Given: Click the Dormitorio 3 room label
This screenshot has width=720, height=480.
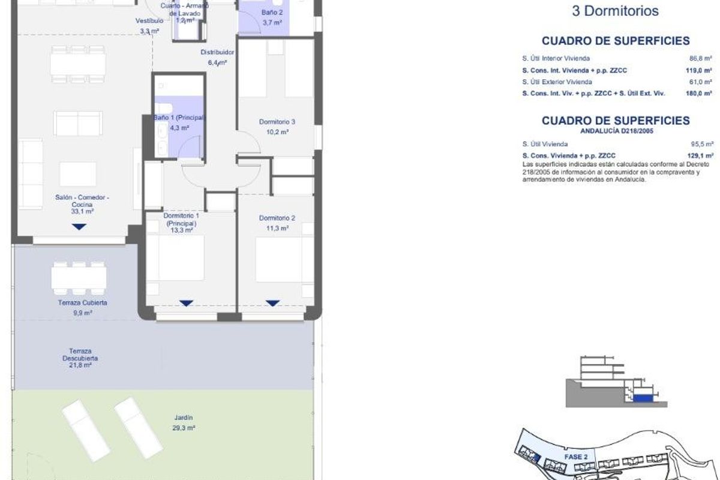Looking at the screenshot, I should (x=277, y=122).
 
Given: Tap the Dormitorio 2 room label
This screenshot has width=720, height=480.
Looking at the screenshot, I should (x=277, y=218).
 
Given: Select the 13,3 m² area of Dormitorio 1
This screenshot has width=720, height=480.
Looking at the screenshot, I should (x=181, y=230).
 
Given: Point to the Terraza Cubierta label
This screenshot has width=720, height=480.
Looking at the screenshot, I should (x=79, y=303).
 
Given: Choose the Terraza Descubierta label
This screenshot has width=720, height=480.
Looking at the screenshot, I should (x=79, y=354).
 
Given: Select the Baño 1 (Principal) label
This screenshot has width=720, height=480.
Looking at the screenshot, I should (x=179, y=118).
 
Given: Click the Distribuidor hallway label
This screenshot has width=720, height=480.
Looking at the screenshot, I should (x=217, y=52).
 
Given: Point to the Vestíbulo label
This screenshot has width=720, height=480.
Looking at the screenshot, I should (x=149, y=21).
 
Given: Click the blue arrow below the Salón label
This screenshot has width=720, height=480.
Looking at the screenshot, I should (x=79, y=227).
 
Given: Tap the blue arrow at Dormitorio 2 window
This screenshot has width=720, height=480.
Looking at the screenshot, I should (x=273, y=303).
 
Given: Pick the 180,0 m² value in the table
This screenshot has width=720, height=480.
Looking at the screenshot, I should (x=698, y=94).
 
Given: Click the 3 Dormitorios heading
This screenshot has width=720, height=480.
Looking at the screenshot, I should (x=615, y=11).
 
